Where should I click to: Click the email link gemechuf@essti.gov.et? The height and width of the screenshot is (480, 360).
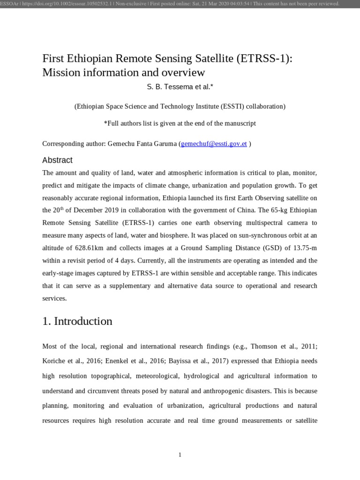coord(214,143)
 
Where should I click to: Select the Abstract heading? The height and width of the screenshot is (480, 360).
coord(57,160)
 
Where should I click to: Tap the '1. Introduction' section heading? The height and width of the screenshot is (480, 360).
coord(77,321)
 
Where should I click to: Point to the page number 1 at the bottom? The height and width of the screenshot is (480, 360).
coord(180,455)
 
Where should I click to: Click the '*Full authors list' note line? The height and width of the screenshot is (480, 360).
coord(180,123)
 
